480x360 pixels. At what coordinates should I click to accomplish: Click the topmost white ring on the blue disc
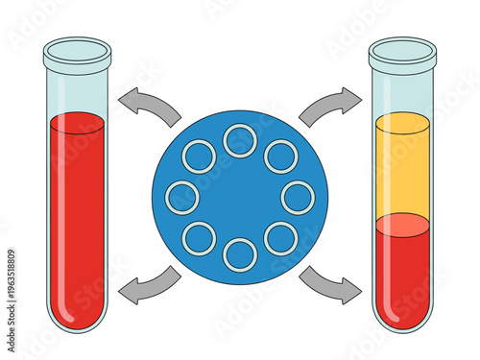point(240,140)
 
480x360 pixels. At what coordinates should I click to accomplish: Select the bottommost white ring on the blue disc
point(240,254)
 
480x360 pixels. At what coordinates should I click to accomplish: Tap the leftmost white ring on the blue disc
point(182,197)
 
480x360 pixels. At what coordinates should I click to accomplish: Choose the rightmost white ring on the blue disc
point(298,197)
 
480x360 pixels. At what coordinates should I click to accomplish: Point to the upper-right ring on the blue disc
point(280,156)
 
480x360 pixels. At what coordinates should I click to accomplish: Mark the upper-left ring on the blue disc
point(199,156)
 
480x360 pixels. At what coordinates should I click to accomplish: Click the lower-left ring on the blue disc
point(199,238)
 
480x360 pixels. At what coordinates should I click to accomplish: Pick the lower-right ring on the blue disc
point(280,238)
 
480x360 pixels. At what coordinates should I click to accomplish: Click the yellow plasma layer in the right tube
point(402,168)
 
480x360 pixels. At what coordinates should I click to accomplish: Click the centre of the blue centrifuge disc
point(240,197)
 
